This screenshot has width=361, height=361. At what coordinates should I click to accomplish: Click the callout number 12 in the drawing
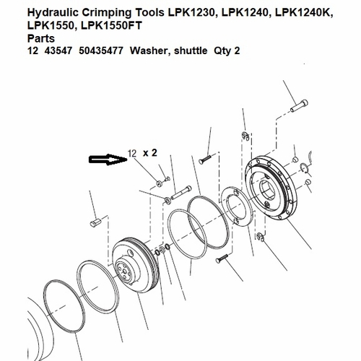132,153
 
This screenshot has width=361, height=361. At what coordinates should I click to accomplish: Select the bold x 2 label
149,153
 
